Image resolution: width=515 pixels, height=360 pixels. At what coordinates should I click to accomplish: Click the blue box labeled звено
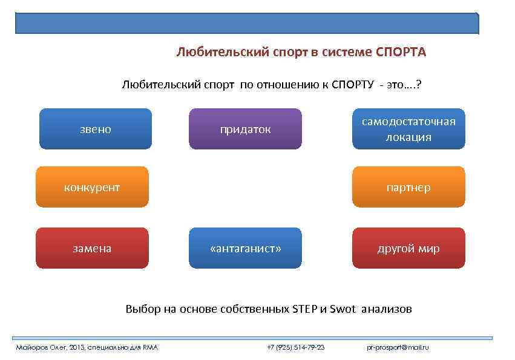(x=96, y=129)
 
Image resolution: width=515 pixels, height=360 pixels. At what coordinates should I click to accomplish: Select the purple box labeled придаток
(x=245, y=129)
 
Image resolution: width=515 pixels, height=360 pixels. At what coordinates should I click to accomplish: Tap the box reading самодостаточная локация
(x=408, y=129)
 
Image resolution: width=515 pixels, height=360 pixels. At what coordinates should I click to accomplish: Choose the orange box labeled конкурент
(x=92, y=187)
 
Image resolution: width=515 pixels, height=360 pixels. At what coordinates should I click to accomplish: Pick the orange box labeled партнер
(x=408, y=187)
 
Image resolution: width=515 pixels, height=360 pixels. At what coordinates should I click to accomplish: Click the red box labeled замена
(x=92, y=248)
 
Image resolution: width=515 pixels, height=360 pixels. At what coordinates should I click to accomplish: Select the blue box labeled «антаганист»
(x=245, y=248)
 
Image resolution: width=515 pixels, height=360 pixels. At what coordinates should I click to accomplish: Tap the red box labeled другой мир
(x=408, y=248)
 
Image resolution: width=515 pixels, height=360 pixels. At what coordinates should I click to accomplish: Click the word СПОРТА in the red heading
(x=401, y=52)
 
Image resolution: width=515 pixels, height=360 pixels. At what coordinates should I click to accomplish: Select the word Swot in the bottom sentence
(x=342, y=309)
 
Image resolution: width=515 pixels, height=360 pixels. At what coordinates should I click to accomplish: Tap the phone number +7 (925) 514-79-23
(x=295, y=347)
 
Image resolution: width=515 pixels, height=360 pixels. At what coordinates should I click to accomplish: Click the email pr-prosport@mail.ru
(x=398, y=347)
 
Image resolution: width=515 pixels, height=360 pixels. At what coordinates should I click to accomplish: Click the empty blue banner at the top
(x=247, y=23)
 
